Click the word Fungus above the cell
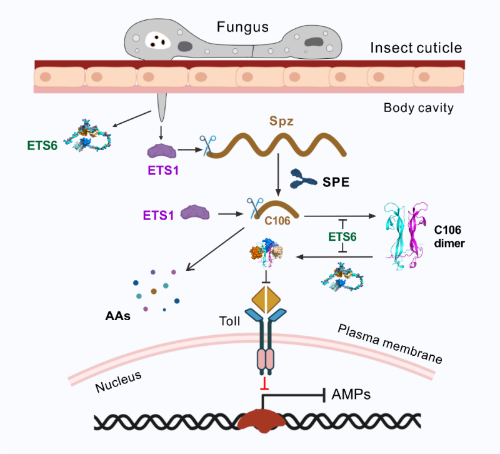(242, 27)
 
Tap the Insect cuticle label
(416, 48)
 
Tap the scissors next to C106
(254, 207)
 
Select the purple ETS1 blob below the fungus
(162, 151)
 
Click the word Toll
(229, 322)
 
